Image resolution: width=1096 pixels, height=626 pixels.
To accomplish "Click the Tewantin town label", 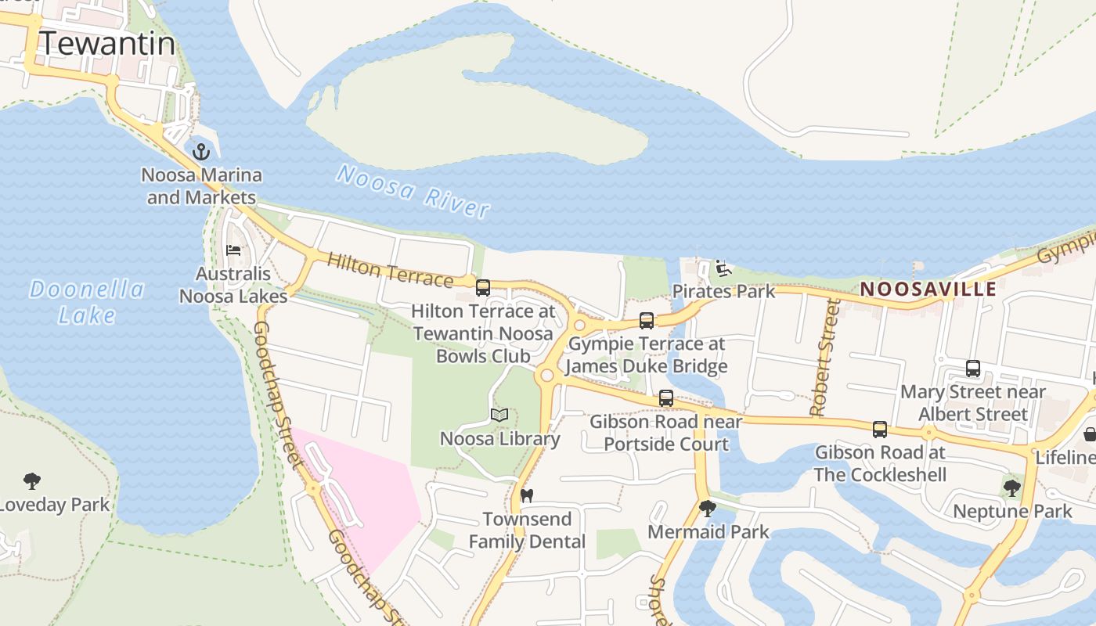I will tap(106, 43).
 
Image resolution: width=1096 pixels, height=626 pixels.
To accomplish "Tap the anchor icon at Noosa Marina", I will tap(202, 151).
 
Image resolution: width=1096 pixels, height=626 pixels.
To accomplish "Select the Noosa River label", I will tap(413, 191).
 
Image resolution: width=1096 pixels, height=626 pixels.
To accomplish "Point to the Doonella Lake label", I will tap(87, 302).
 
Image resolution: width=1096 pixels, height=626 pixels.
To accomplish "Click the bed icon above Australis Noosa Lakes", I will tap(233, 250).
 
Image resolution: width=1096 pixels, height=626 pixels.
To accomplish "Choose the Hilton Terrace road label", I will tap(390, 270).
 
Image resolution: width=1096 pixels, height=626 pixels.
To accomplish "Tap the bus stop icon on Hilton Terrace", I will tap(483, 287).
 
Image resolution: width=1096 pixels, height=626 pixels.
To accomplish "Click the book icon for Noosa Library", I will tap(499, 415).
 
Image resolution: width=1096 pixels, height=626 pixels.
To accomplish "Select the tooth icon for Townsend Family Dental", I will tap(527, 495).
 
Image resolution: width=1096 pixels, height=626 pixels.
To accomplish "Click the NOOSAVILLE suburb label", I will tap(928, 289).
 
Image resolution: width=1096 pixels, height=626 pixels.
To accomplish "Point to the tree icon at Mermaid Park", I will tap(708, 509).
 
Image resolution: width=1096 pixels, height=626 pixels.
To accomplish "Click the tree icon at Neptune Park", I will tap(1011, 488).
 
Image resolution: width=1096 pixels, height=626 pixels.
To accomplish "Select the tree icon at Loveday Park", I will tap(32, 480).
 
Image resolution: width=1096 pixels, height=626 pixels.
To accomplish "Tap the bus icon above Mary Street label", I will tap(973, 368).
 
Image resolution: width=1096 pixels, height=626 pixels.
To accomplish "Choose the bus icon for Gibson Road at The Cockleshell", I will tap(880, 429).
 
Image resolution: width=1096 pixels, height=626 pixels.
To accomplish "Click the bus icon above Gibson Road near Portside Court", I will tap(666, 398).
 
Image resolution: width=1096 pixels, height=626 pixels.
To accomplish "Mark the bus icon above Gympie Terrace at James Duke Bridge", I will tap(647, 320).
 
